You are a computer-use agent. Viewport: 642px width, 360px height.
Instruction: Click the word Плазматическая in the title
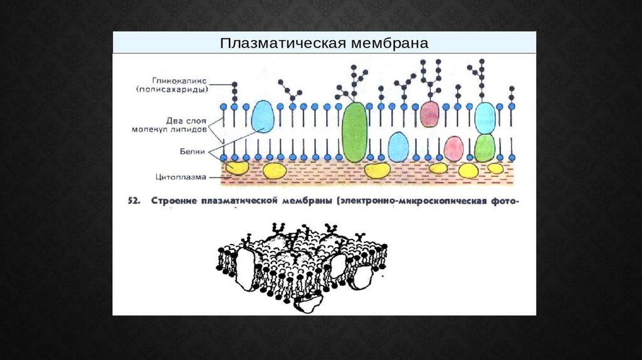(x=274, y=43)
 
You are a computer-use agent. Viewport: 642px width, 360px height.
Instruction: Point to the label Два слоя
(x=189, y=120)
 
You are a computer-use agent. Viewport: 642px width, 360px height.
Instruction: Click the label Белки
(x=194, y=151)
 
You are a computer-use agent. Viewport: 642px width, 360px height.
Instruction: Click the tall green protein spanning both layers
(x=355, y=132)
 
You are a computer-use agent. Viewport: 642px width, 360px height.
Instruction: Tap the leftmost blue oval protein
(x=263, y=117)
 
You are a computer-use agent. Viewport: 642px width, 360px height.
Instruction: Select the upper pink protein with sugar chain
(x=429, y=114)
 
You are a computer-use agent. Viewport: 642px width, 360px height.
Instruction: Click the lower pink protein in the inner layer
(x=454, y=149)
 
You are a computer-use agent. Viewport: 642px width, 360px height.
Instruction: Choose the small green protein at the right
(x=485, y=149)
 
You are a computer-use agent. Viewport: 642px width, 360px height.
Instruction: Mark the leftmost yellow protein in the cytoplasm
(x=237, y=168)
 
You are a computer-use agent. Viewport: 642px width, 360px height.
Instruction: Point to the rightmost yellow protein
(x=495, y=168)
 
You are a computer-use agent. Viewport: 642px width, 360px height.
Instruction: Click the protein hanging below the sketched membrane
(x=307, y=304)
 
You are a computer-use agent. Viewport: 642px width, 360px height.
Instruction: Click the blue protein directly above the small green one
(x=485, y=117)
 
